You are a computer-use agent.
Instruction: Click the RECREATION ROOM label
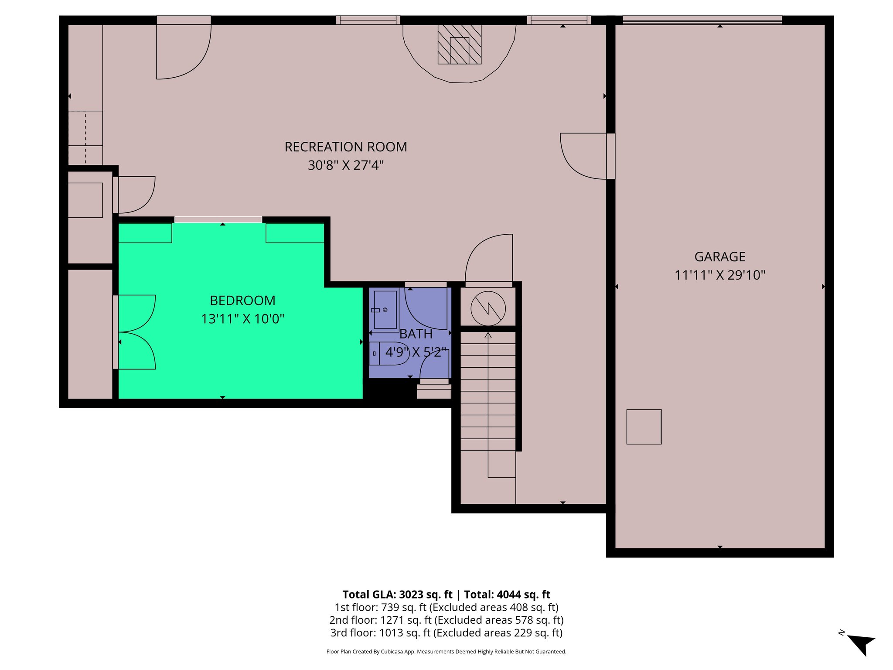pos(345,147)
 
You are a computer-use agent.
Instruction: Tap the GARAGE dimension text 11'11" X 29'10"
pos(720,275)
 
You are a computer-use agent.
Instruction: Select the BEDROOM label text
pos(242,301)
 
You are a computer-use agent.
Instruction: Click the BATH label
pos(416,334)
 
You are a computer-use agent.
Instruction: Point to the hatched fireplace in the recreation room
pos(459,44)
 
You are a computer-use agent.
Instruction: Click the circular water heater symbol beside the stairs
pos(488,308)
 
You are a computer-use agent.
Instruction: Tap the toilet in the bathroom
pos(391,353)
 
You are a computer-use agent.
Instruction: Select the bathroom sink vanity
pos(385,310)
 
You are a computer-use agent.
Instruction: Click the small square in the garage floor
pos(644,427)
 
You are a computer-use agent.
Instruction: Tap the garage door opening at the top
pos(702,20)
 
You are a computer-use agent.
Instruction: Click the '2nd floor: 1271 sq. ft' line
pos(446,620)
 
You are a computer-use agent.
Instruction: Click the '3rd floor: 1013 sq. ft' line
pos(446,632)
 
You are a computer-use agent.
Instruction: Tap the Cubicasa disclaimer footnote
pos(446,652)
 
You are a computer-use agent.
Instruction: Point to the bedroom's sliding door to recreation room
pos(218,220)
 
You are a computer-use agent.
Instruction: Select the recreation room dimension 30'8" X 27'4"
pos(345,165)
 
